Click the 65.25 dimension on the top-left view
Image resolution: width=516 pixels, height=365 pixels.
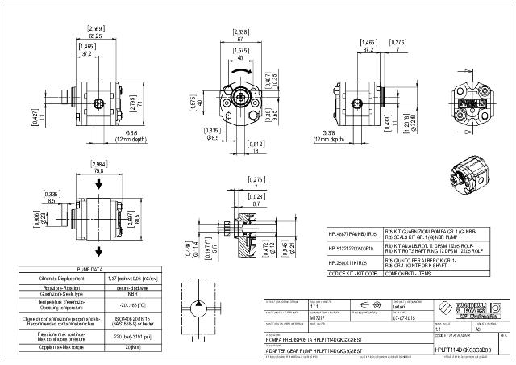95,36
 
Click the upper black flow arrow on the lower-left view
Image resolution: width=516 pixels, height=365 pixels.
98,184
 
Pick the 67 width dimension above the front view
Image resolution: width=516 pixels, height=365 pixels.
239,38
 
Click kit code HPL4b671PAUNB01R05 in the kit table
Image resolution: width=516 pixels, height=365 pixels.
349,233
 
